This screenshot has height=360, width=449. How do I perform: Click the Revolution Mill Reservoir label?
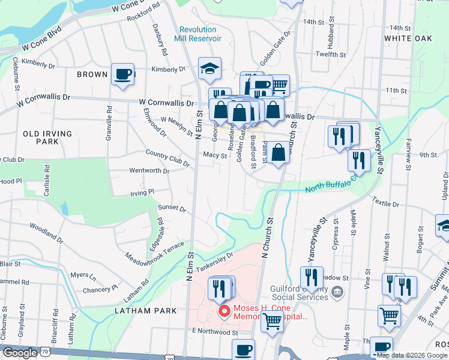click(x=197, y=34)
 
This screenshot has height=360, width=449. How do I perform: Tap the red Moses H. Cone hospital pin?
click(x=224, y=311)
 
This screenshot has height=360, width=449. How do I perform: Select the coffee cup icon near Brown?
click(x=123, y=75)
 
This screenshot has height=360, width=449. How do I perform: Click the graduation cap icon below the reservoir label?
click(x=209, y=70)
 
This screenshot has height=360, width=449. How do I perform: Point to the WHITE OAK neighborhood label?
click(x=408, y=38)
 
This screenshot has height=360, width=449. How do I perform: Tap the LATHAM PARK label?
click(x=146, y=311)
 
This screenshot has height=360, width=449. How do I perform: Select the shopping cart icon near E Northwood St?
click(x=273, y=321)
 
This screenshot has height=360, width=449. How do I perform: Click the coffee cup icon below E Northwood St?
click(x=243, y=350)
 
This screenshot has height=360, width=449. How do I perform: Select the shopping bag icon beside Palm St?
click(x=279, y=152)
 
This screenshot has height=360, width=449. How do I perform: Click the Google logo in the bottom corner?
click(x=20, y=353)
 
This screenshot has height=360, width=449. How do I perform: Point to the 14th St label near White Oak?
click(x=403, y=28)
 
